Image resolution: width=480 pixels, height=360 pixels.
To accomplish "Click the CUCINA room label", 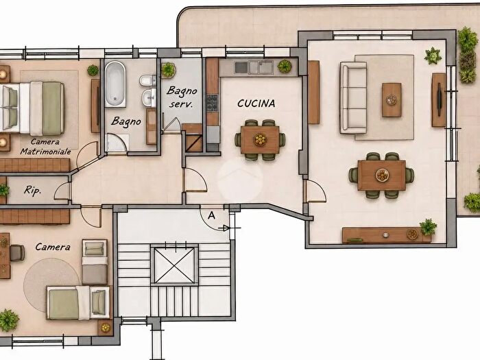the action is [256, 104].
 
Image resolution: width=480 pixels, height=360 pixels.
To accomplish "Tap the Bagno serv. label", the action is [182, 97].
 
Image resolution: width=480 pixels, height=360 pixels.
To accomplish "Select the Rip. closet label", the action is [32, 191].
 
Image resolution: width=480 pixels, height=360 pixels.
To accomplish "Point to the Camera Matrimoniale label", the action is [46, 147].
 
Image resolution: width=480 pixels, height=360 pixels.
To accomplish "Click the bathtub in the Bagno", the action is [115, 84].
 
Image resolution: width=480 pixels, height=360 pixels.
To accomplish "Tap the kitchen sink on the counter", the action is [254, 67].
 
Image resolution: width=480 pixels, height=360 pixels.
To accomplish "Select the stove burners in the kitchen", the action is [212, 103].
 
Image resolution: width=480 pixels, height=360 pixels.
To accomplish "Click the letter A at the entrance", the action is [211, 215].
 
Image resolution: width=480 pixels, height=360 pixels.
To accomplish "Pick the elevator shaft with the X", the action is [174, 265].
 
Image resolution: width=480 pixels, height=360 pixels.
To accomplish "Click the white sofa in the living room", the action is [353, 97].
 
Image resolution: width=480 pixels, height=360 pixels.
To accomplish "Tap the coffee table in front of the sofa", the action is [392, 100].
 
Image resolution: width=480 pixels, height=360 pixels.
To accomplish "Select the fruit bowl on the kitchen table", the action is [260, 140].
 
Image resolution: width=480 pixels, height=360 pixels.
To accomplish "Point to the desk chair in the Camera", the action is [17, 253].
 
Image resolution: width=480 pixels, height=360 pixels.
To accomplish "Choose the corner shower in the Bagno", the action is [117, 143].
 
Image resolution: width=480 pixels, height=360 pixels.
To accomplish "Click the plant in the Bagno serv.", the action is [168, 70].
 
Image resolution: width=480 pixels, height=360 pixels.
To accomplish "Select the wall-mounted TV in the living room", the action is [440, 100].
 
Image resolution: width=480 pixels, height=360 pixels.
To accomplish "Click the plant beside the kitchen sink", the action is [285, 66].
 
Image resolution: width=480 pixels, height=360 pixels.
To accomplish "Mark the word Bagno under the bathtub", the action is [126, 121].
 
